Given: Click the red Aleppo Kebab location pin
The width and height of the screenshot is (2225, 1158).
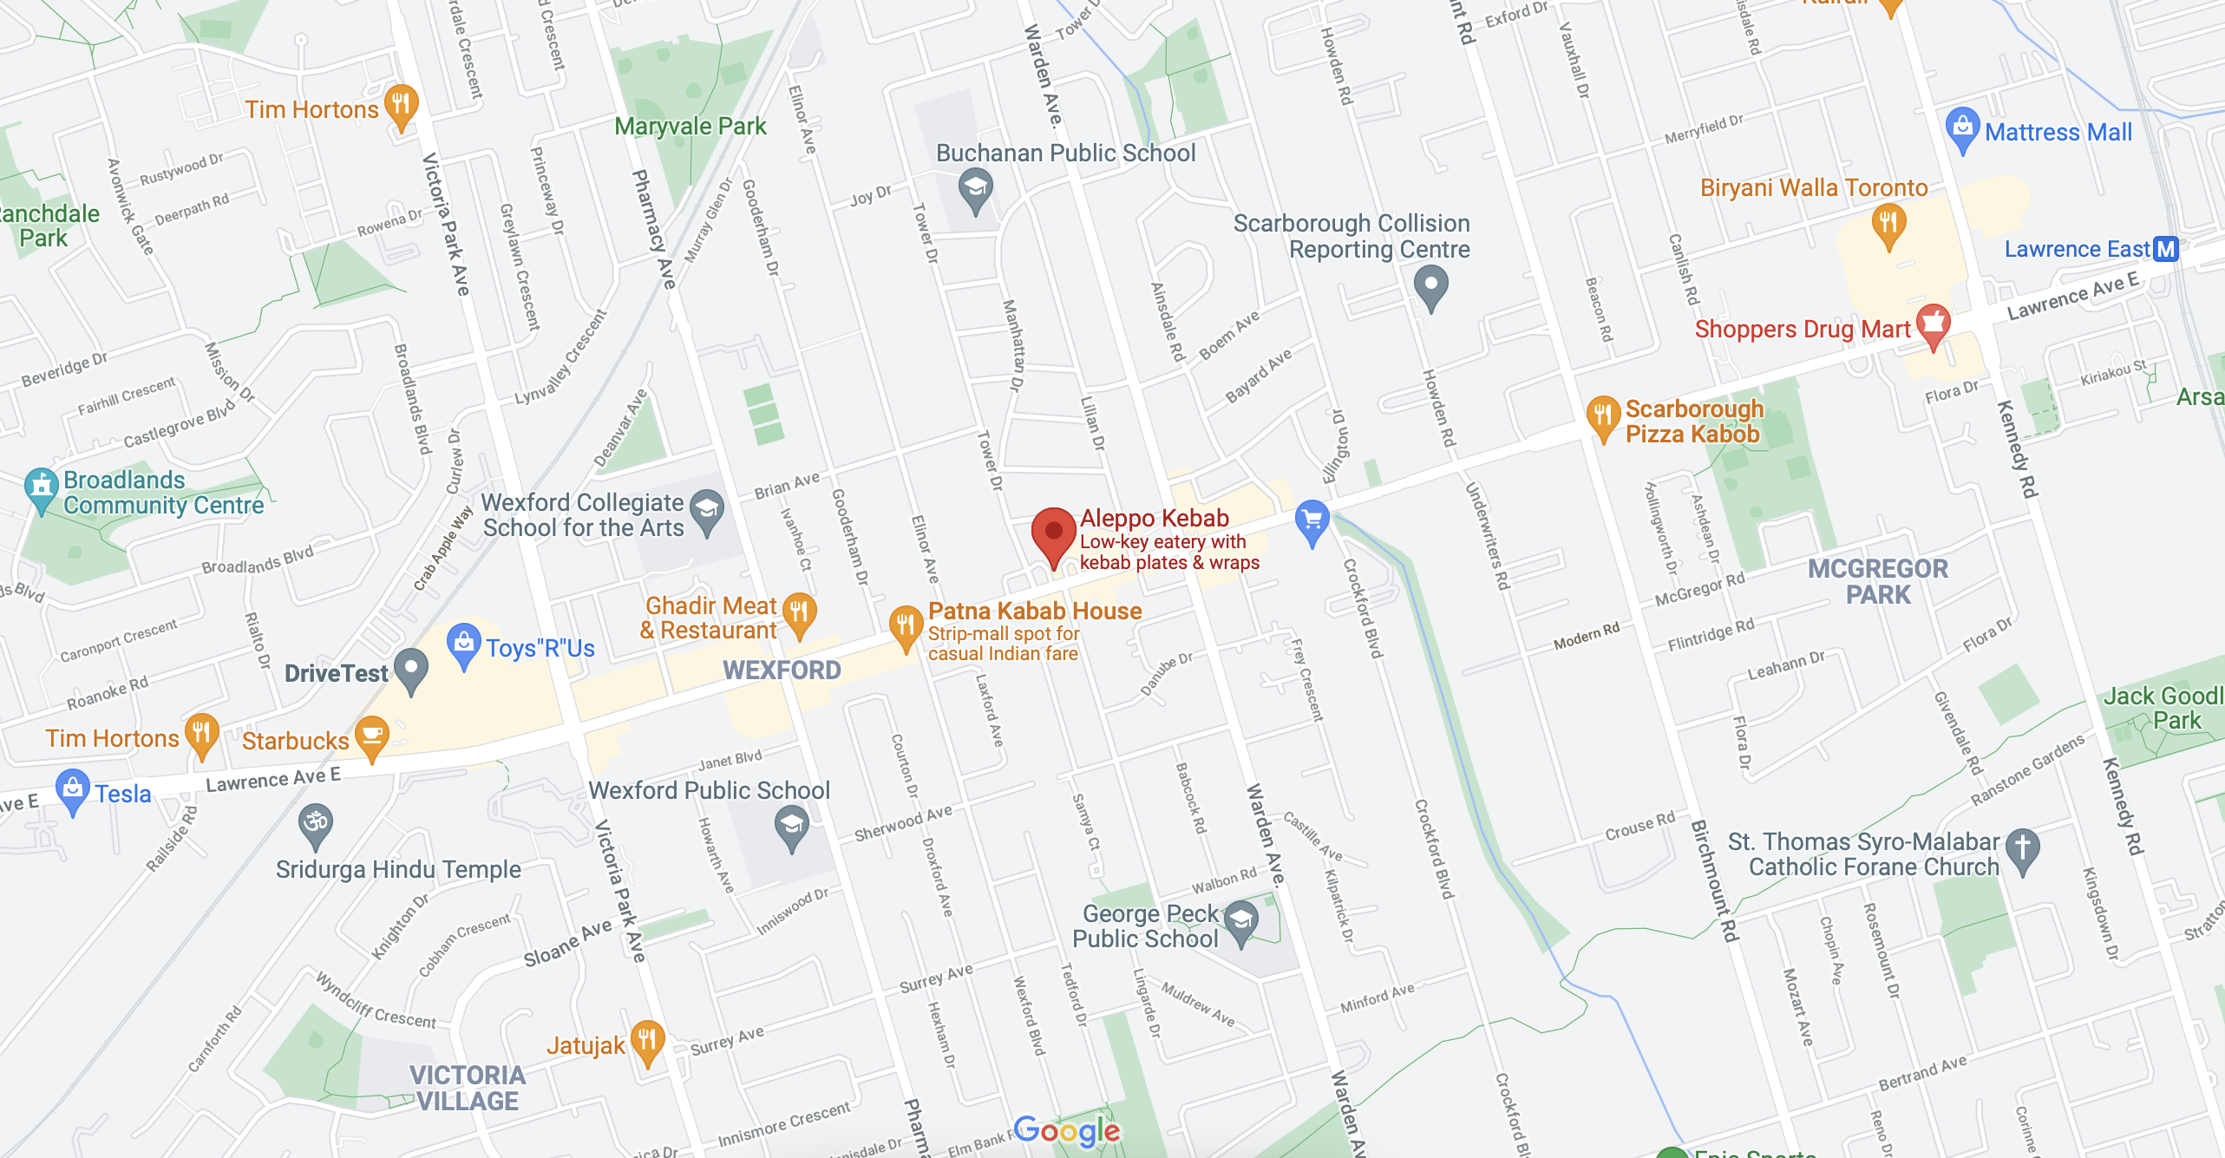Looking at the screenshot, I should (x=1053, y=533).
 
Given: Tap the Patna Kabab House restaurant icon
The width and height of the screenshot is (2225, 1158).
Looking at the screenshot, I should (x=905, y=625).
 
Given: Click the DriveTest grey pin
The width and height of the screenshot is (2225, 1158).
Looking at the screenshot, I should (x=411, y=668).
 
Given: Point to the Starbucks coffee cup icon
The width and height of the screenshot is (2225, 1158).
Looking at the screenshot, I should (x=372, y=736).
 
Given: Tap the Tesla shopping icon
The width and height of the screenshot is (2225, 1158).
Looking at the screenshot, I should (x=73, y=788).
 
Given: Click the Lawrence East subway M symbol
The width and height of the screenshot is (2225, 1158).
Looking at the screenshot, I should (x=2166, y=249).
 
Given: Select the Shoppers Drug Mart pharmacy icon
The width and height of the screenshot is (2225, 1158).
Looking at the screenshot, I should (x=1933, y=324).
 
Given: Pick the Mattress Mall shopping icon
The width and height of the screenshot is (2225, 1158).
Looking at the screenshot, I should (x=1962, y=128).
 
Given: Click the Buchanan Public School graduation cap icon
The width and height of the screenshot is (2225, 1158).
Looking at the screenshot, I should (x=975, y=186).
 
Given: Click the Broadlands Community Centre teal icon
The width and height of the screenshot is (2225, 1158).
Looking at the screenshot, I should (x=41, y=487).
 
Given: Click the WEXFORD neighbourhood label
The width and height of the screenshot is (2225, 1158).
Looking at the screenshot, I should (x=782, y=670).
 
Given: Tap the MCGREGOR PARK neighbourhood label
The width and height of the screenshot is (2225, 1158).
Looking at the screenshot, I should (x=1878, y=581).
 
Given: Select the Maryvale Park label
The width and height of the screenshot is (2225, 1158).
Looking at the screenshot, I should (x=690, y=127).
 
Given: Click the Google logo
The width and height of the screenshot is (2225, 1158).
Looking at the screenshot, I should (x=1066, y=1130).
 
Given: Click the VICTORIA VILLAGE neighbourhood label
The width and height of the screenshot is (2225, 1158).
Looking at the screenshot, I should (x=468, y=1088).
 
